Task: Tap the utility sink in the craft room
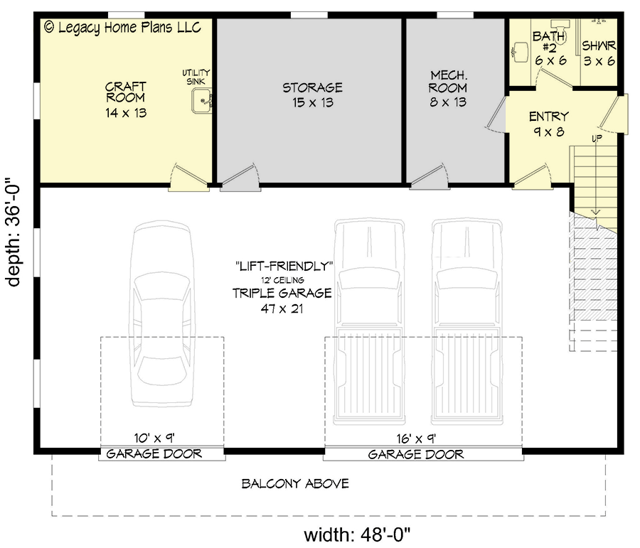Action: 202,101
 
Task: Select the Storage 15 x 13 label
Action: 312,95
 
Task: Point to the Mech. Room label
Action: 448,88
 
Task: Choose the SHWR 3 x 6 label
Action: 599,53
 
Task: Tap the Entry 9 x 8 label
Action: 548,123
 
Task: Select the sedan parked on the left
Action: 161,313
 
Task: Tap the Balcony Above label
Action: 295,484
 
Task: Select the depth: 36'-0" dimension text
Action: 15,232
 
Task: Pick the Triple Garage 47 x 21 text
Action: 282,301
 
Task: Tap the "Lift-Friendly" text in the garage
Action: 284,266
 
